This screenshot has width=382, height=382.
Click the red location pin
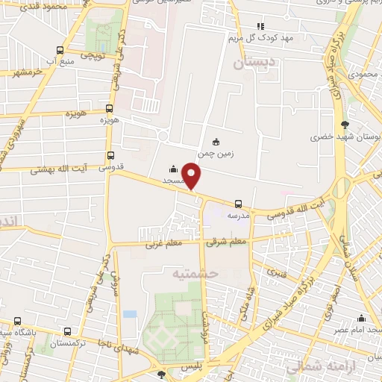tap(192, 175)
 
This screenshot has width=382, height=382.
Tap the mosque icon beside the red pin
tap(173, 169)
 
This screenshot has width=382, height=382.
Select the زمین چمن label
tap(216, 154)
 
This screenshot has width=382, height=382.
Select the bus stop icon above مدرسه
tap(238, 203)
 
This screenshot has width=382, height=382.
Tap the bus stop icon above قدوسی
tap(111, 156)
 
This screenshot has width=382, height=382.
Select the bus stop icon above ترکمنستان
tap(69, 332)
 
